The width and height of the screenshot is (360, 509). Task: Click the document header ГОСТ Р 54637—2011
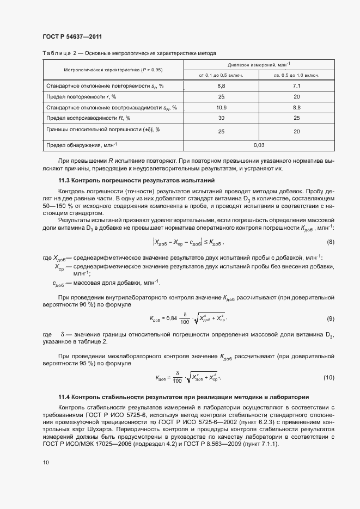[x=72, y=36]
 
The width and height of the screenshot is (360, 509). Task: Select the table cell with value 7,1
[x=297, y=86]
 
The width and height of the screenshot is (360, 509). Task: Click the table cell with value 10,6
[x=221, y=107]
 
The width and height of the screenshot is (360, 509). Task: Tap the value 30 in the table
[x=221, y=118]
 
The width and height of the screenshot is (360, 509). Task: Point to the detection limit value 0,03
[x=259, y=145]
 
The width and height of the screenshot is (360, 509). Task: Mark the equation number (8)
[x=330, y=226]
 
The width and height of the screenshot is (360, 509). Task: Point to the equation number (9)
[x=330, y=318]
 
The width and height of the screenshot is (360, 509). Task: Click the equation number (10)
[x=329, y=377]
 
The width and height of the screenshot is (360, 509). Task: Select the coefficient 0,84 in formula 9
[x=172, y=318]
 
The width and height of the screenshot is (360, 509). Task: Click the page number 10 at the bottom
[x=46, y=462]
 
